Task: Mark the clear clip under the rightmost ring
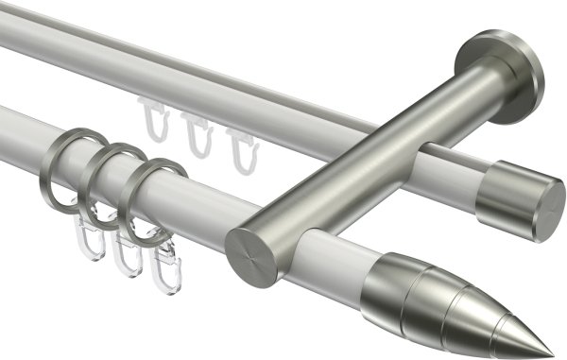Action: (165, 265)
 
